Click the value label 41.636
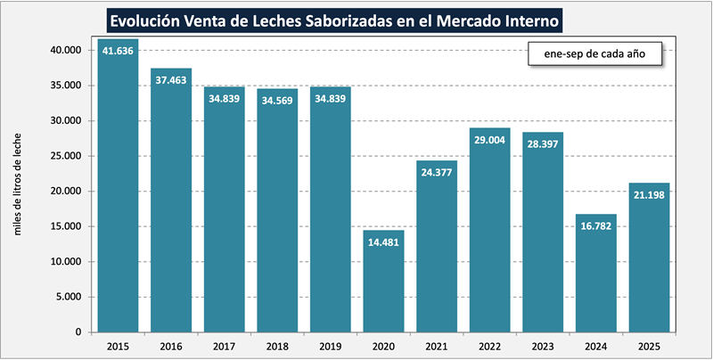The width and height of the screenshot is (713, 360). click(x=118, y=50)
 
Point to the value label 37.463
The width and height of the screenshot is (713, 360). click(x=171, y=79)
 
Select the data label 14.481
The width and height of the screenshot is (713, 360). click(x=383, y=241)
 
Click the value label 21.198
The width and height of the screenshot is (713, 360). click(x=649, y=194)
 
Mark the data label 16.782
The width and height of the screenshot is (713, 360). click(x=596, y=225)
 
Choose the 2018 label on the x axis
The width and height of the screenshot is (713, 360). click(x=277, y=345)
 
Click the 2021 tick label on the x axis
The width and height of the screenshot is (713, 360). click(x=437, y=345)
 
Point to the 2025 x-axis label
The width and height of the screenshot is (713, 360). click(x=649, y=345)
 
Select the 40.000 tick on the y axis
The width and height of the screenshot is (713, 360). click(x=65, y=50)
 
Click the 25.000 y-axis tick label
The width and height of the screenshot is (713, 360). click(x=65, y=156)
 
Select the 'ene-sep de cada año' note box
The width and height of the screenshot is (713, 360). click(x=594, y=54)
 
